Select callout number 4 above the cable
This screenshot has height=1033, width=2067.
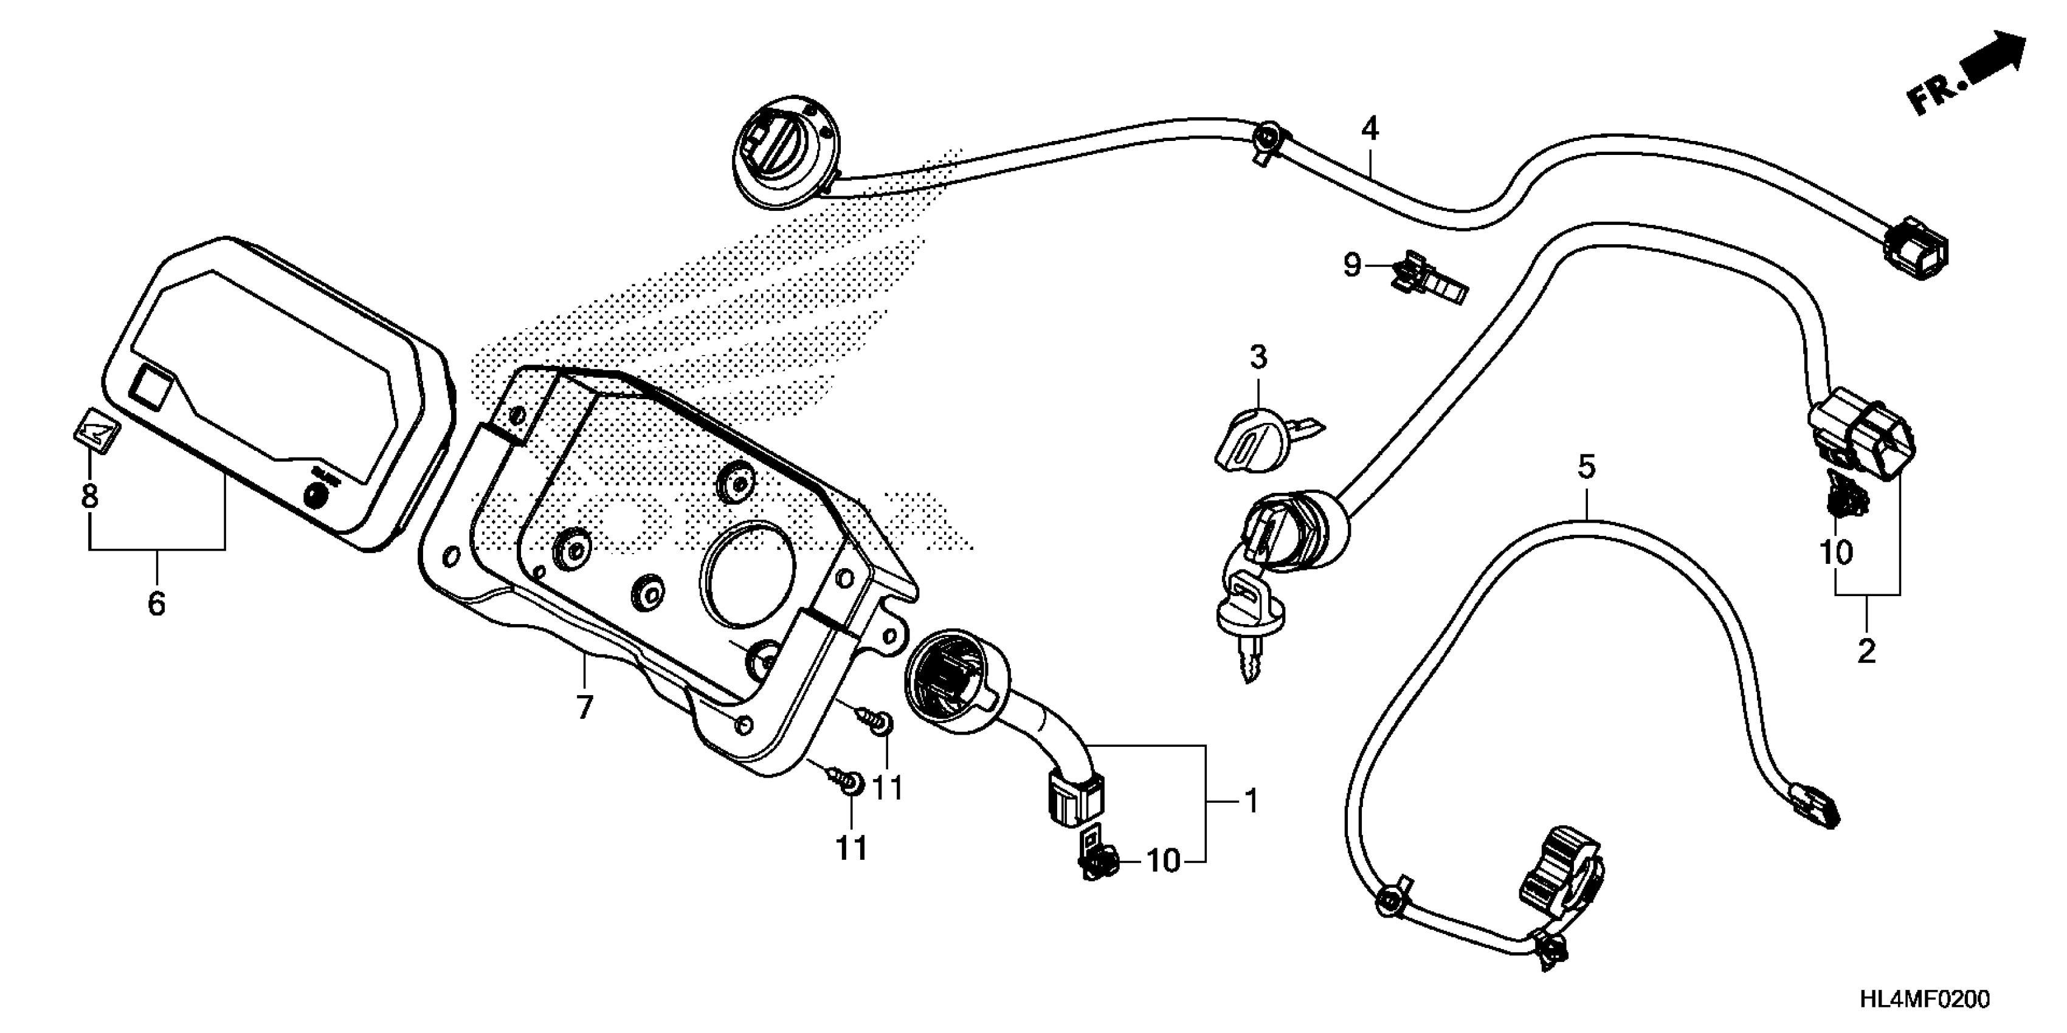click(1369, 128)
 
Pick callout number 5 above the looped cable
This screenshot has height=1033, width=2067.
click(1586, 467)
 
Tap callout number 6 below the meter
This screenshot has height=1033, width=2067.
click(156, 602)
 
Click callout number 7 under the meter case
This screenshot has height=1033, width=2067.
click(584, 707)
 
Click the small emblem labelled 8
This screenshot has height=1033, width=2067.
click(92, 434)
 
